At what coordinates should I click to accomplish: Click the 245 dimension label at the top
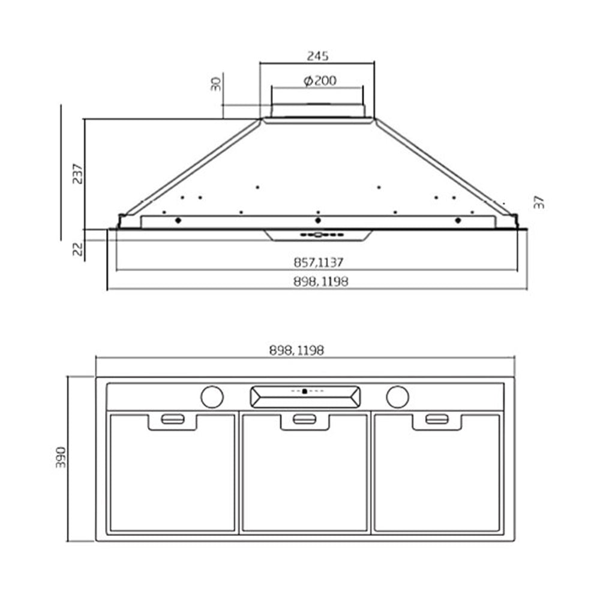click(x=317, y=56)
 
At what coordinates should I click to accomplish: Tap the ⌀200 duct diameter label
click(x=320, y=81)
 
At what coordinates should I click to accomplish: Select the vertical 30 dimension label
click(x=216, y=84)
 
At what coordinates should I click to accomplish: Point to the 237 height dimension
click(x=77, y=174)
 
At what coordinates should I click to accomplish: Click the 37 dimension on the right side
click(x=539, y=202)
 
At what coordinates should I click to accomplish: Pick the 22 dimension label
click(x=77, y=249)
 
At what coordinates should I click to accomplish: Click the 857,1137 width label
click(x=319, y=263)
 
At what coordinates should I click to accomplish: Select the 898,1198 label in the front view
click(x=320, y=281)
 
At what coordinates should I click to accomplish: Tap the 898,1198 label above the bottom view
click(x=296, y=350)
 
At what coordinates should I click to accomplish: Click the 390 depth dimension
click(x=61, y=457)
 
